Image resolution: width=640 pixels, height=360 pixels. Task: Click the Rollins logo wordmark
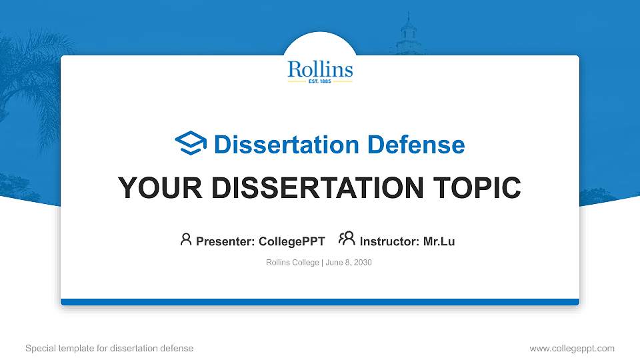pyautogui.click(x=320, y=69)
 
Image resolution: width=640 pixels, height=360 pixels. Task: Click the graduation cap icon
pyautogui.click(x=191, y=143)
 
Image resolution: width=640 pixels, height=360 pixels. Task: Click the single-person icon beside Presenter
pyautogui.click(x=186, y=239)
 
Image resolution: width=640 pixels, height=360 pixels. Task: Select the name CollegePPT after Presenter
pyautogui.click(x=291, y=241)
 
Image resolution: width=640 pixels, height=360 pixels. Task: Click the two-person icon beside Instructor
pyautogui.click(x=347, y=239)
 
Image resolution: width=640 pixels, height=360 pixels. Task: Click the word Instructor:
pyautogui.click(x=389, y=241)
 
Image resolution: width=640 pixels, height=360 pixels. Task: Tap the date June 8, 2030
pyautogui.click(x=349, y=263)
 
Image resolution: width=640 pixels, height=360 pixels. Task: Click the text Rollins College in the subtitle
pyautogui.click(x=293, y=263)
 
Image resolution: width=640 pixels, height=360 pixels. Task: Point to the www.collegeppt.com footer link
pyautogui.click(x=572, y=348)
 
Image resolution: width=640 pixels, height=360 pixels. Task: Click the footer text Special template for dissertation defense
pyautogui.click(x=109, y=348)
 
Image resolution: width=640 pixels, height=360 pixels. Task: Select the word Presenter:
pyautogui.click(x=224, y=241)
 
